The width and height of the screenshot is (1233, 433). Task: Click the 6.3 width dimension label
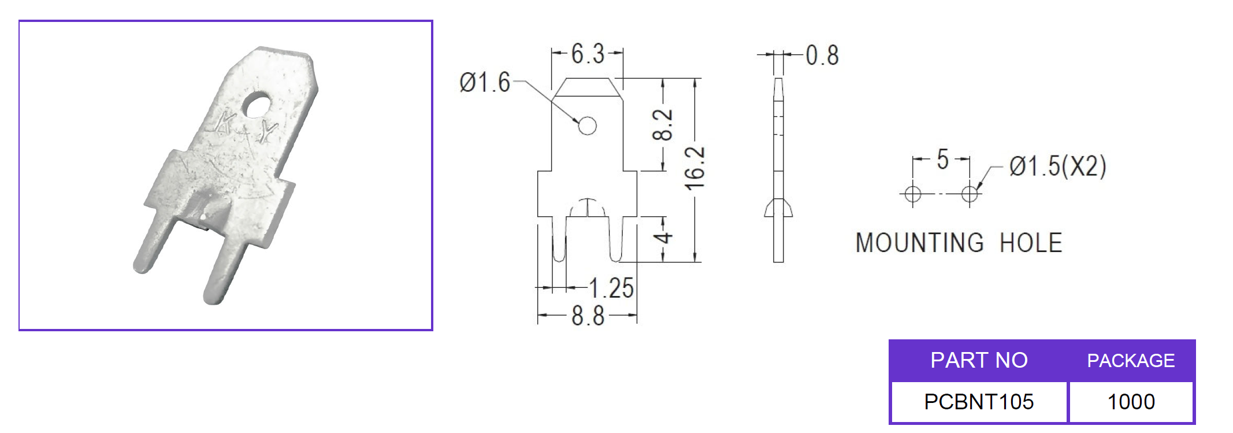point(588,54)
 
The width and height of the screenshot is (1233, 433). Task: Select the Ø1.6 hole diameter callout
point(484,83)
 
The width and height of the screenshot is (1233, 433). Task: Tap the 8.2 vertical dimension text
point(663,124)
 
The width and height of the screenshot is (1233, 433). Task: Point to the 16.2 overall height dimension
point(695,168)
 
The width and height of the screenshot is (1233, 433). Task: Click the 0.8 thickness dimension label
point(822,55)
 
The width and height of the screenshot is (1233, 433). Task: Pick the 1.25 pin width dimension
point(611,288)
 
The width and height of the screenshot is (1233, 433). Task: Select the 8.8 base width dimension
point(588,316)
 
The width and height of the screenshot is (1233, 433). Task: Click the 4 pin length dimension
point(664,238)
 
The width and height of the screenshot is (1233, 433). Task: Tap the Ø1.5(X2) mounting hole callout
point(1057,166)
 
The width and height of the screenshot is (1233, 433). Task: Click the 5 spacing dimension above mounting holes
point(942,160)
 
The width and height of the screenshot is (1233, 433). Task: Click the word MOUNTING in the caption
point(919,243)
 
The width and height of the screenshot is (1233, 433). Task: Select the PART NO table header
point(979,360)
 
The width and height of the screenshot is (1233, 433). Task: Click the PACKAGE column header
point(1130,361)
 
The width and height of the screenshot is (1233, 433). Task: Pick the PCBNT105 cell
point(979,402)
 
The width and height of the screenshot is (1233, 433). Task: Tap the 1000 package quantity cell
point(1131,402)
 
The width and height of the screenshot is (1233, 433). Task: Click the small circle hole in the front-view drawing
point(587,125)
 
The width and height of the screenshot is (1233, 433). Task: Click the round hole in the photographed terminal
point(256,106)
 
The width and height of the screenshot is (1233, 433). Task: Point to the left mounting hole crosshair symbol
point(913,194)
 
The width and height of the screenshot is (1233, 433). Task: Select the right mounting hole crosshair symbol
point(970,194)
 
